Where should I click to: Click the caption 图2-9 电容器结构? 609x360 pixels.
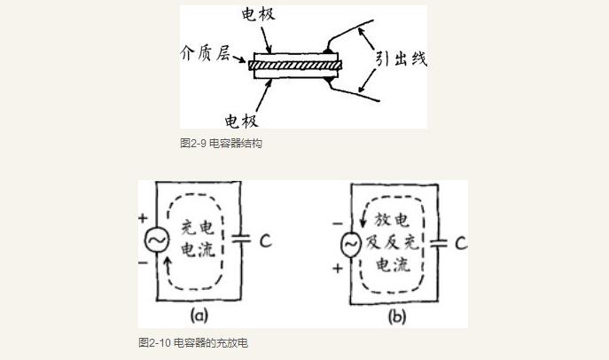(221, 144)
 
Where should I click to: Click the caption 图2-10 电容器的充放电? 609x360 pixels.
(193, 342)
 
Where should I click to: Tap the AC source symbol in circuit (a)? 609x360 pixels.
(156, 240)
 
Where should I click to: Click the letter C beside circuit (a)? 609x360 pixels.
(265, 240)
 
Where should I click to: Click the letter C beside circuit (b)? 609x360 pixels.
(460, 243)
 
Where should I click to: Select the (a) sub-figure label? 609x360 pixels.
(199, 315)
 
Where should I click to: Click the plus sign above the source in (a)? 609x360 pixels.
(143, 217)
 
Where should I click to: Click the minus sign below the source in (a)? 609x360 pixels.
(143, 263)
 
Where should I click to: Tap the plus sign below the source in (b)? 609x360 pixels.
(337, 268)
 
